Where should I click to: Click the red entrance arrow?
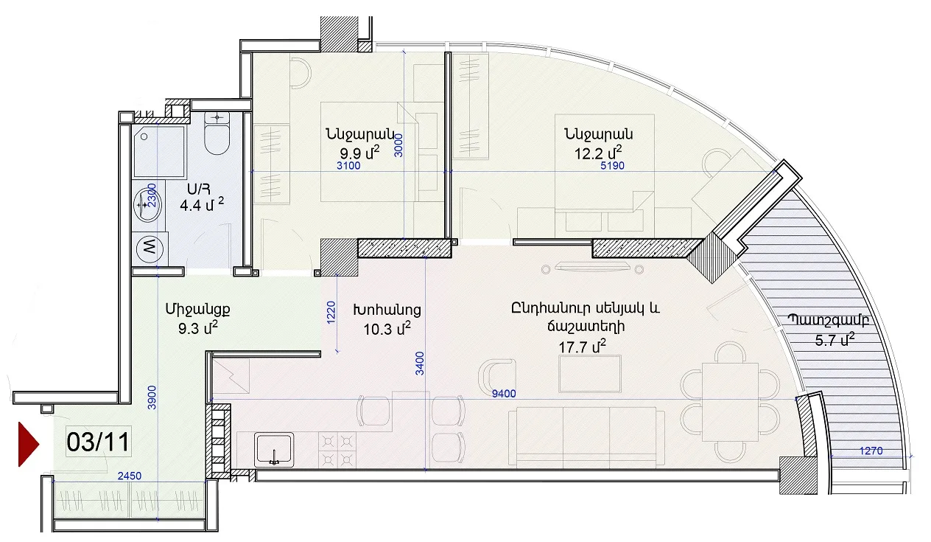[x=27, y=444]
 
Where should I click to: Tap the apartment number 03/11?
[x=98, y=442]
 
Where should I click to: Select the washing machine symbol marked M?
[x=150, y=249]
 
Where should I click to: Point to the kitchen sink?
[x=274, y=450]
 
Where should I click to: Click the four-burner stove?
[x=337, y=450]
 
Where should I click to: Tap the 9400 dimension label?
[x=504, y=394]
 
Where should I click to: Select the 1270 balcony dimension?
[x=871, y=451]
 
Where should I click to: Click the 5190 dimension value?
[x=612, y=166]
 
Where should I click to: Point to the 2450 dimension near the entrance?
[x=129, y=476]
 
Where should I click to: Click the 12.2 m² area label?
[x=597, y=153]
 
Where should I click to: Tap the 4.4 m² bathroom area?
[x=202, y=204]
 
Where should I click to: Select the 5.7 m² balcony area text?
[x=835, y=339]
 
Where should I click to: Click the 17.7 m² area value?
[x=582, y=346]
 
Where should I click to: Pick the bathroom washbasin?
[x=147, y=205]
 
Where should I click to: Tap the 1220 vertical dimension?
[x=331, y=313]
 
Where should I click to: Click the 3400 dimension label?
[x=420, y=364]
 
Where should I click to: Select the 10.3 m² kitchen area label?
[x=387, y=329]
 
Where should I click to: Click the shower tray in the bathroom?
[x=159, y=152]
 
